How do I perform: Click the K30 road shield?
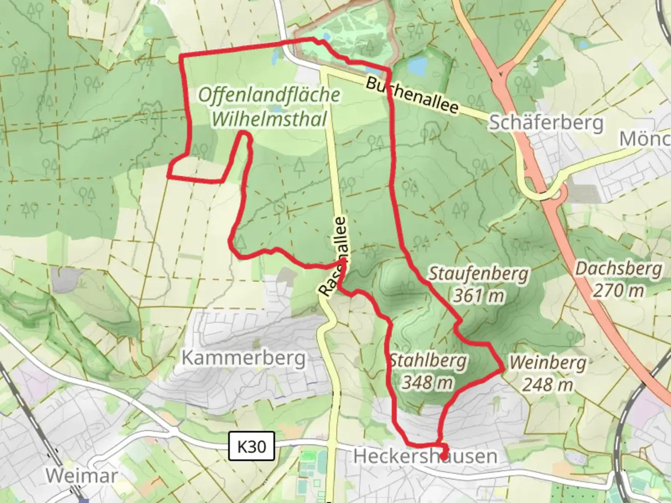pyautogui.click(x=252, y=447)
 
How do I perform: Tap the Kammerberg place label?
pyautogui.click(x=244, y=358)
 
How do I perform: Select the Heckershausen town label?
pyautogui.click(x=425, y=456)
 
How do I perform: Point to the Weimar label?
pyautogui.click(x=81, y=476)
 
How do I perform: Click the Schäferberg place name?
pyautogui.click(x=546, y=123)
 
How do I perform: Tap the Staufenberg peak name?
pyautogui.click(x=479, y=274)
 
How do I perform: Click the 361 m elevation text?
pyautogui.click(x=479, y=295)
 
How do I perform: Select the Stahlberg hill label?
pyautogui.click(x=428, y=360)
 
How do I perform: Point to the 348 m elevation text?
pyautogui.click(x=427, y=382)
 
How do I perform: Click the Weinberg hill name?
pyautogui.click(x=547, y=362)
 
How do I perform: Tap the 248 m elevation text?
pyautogui.click(x=547, y=385)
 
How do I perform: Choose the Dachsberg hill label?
pyautogui.click(x=618, y=269)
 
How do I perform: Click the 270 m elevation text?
pyautogui.click(x=618, y=291)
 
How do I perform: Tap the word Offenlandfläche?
pyautogui.click(x=269, y=95)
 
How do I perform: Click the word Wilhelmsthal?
pyautogui.click(x=269, y=119)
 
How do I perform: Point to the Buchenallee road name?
pyautogui.click(x=412, y=96)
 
